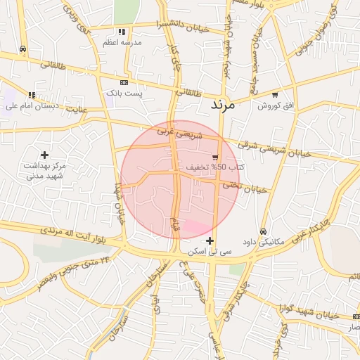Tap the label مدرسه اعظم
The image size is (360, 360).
(123, 42)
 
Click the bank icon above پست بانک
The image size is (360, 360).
(124, 82)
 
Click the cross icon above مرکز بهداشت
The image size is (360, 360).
(44, 154)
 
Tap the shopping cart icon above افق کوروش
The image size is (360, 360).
(274, 94)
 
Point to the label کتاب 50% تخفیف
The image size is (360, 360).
(216, 167)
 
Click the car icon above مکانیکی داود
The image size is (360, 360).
(263, 231)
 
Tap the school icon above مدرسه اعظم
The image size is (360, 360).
(122, 32)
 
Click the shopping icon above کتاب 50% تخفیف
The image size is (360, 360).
(215, 157)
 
